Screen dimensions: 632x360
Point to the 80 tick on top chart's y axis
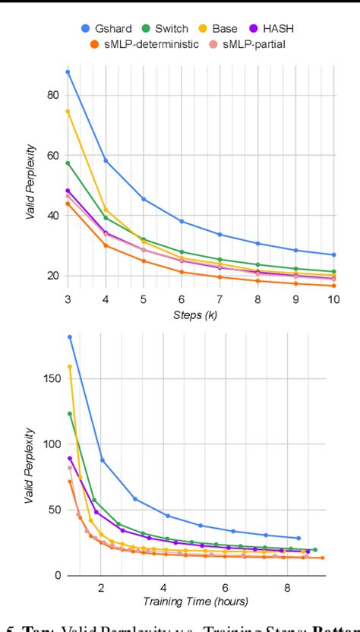(53, 95)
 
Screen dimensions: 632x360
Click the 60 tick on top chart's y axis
(53, 156)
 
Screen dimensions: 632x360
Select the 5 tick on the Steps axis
(144, 300)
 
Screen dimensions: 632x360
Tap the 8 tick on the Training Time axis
(287, 587)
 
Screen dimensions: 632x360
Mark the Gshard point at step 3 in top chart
(68, 71)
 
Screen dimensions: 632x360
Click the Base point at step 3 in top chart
(68, 111)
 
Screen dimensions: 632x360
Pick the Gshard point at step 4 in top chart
(106, 160)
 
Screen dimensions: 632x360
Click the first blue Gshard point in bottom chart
(70, 337)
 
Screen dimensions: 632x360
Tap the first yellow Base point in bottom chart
(70, 367)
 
